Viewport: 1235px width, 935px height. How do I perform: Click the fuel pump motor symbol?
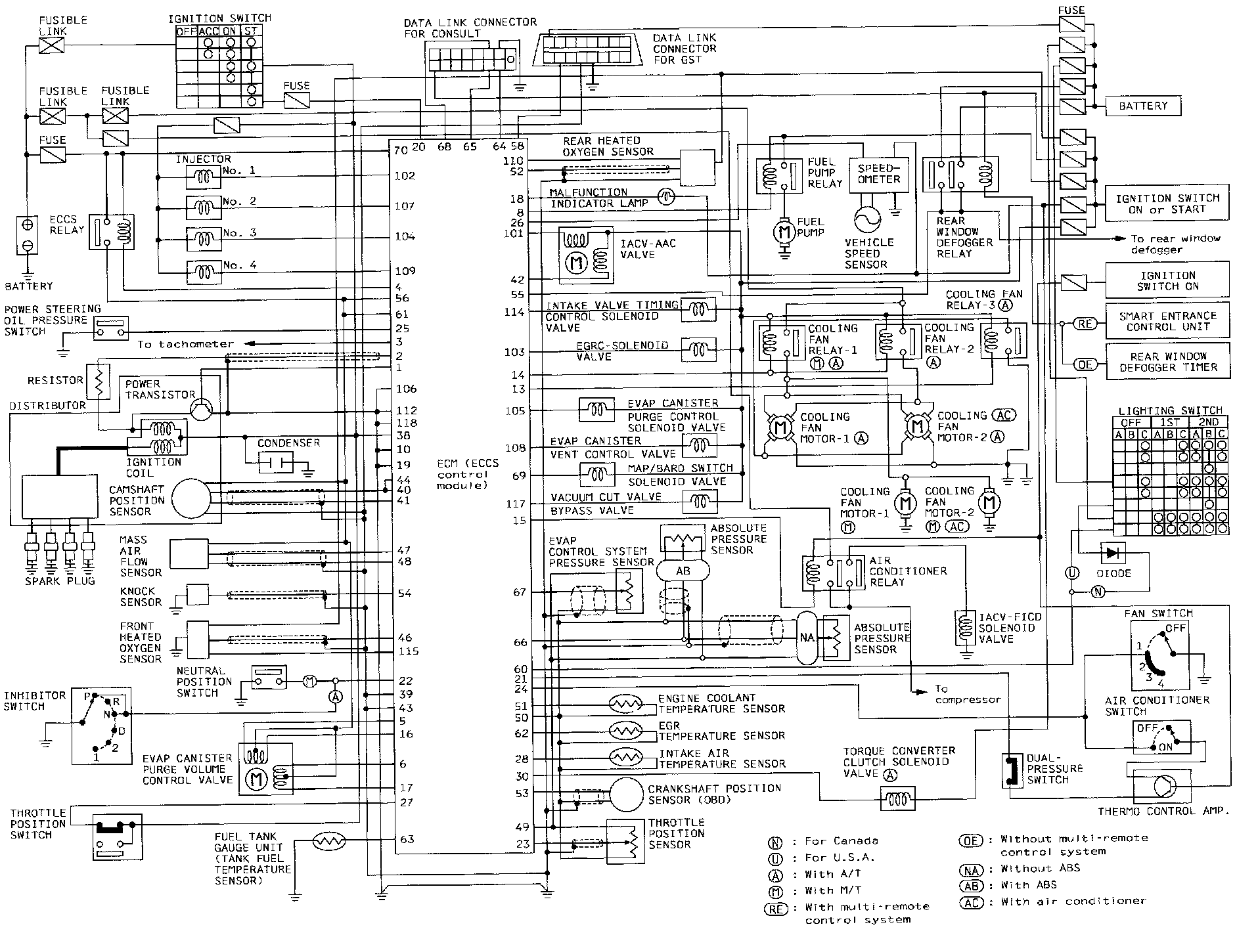click(x=782, y=231)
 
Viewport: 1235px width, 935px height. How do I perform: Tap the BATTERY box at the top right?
click(x=1143, y=106)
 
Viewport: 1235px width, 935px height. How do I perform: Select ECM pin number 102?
click(x=405, y=176)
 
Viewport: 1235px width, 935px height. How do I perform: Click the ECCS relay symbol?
click(x=111, y=232)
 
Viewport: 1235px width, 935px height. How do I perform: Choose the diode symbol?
click(x=1111, y=554)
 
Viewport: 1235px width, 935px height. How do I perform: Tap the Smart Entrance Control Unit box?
click(x=1167, y=321)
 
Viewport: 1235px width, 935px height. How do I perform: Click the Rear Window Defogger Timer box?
click(x=1167, y=361)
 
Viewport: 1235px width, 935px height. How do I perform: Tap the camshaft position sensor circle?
click(x=192, y=497)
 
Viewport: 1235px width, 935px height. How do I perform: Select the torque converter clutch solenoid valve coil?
click(x=897, y=799)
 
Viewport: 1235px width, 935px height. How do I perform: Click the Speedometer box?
click(x=879, y=175)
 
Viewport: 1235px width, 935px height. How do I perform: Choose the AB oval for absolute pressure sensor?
click(x=683, y=571)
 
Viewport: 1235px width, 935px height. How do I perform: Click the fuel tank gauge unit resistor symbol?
click(x=328, y=841)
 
